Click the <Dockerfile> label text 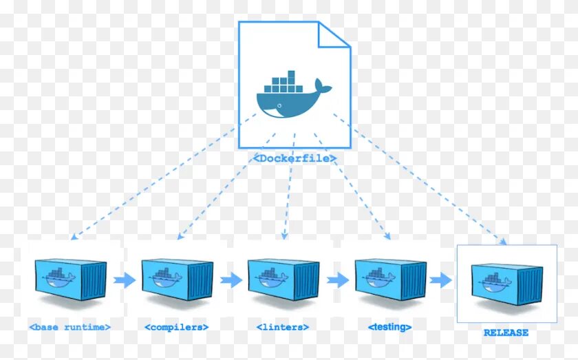coord(295,158)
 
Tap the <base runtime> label coord(70,326)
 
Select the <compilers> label coord(177,326)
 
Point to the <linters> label coord(283,327)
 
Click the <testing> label coord(390,327)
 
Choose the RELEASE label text coord(506,332)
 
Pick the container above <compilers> coord(177,279)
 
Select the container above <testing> coord(389,279)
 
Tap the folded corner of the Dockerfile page coord(336,34)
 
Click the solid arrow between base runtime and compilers coord(124,280)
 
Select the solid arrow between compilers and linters coord(231,280)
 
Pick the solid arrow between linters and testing coord(337,280)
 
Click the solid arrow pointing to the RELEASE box coord(441,280)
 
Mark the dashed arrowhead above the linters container coord(284,235)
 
